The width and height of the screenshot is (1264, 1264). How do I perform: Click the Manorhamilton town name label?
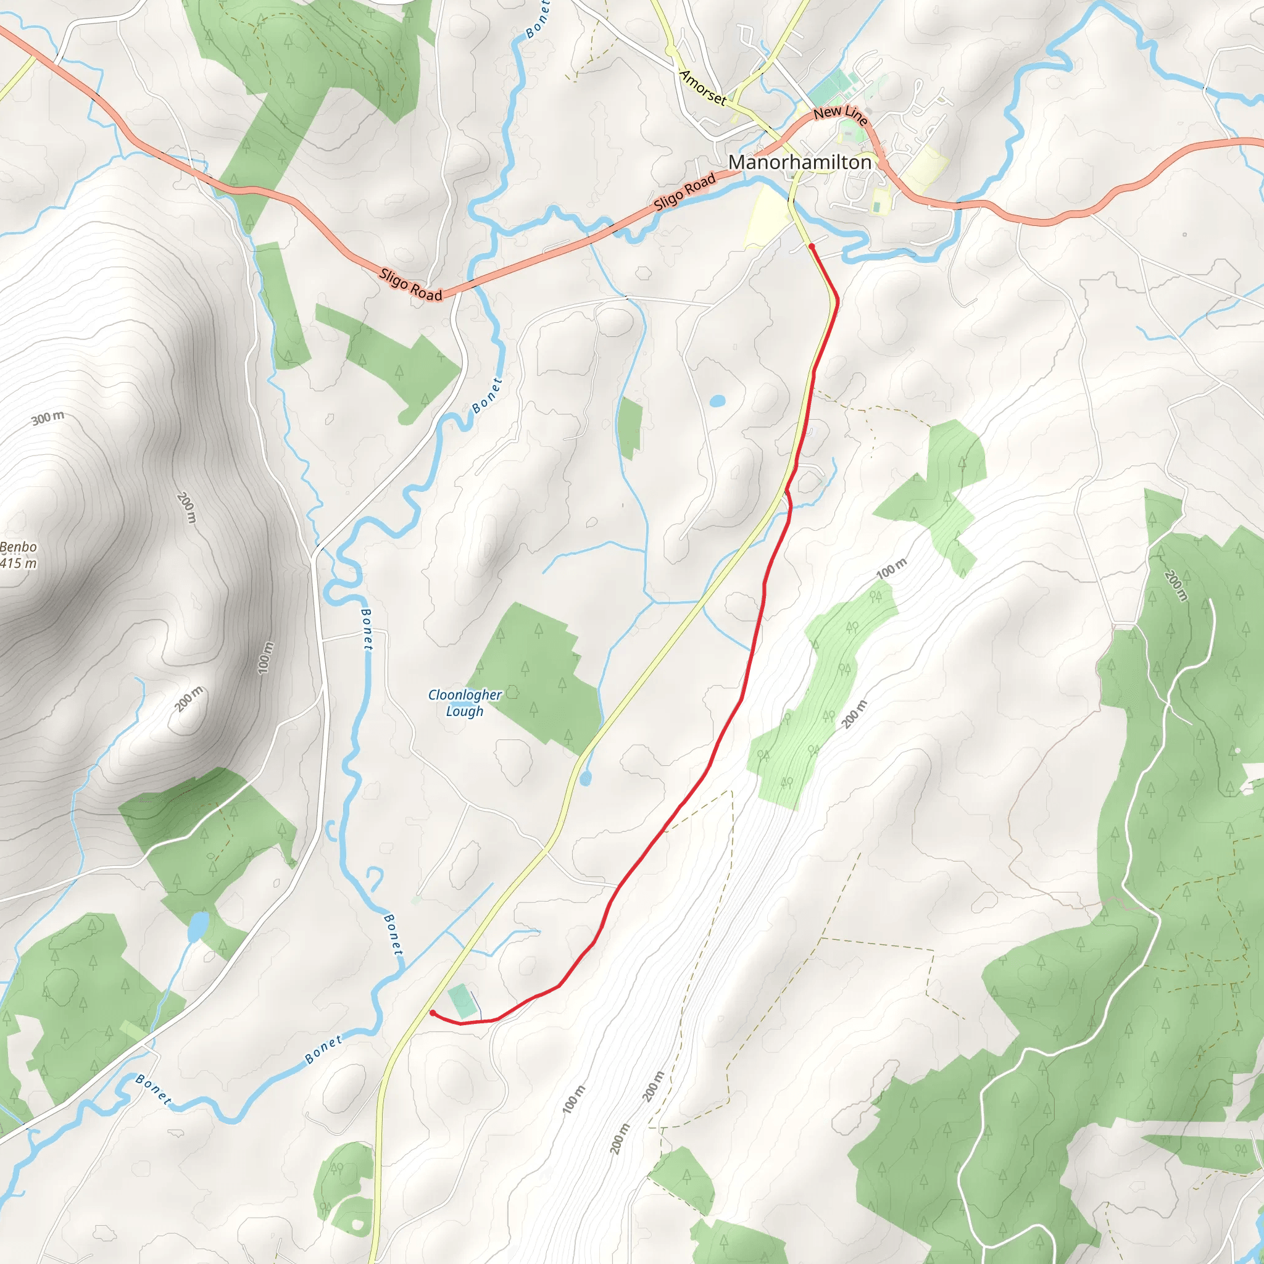pos(799,162)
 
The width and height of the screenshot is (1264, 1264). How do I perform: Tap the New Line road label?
pos(841,115)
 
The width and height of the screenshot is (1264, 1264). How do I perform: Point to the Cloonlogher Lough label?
pos(465,702)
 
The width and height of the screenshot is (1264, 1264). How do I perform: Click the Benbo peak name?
pos(19,547)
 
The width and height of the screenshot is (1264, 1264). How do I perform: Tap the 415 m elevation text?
pos(19,563)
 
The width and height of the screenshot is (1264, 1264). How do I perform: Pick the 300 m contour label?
pos(48,417)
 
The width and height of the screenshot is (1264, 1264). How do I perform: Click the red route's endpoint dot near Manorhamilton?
pos(811,247)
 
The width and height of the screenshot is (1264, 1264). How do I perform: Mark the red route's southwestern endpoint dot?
pos(433,1013)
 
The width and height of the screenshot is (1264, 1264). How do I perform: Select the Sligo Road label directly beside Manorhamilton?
pos(684,191)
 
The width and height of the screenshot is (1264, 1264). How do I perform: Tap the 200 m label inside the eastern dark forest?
pos(1175,585)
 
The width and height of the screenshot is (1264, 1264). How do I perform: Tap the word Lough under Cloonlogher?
pos(465,711)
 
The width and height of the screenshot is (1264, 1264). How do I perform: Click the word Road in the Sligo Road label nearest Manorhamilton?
pos(700,184)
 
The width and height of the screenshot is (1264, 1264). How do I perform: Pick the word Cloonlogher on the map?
pos(465,695)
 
